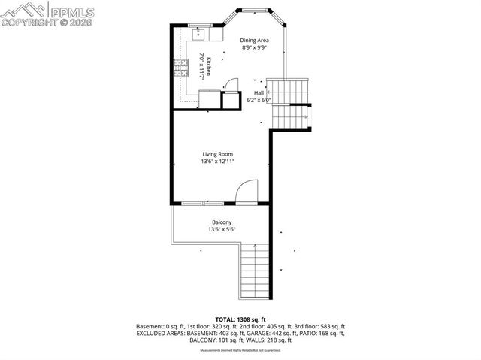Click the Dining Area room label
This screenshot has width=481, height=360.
(254, 40)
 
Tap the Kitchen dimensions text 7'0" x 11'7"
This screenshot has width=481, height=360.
(202, 67)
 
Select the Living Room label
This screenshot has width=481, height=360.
(217, 153)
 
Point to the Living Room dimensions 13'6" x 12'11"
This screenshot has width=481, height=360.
(217, 161)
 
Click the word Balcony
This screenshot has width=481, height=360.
(221, 222)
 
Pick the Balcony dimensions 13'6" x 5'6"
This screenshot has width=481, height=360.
(221, 229)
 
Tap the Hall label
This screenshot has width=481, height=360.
(259, 92)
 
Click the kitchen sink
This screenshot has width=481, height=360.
(199, 34)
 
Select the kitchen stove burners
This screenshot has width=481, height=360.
(180, 69)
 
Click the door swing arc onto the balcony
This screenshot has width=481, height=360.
(246, 192)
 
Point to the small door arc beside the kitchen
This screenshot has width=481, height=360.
(232, 84)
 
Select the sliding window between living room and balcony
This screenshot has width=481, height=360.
(202, 203)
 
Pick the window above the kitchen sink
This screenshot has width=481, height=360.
(200, 25)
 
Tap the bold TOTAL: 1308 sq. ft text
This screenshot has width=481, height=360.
(240, 319)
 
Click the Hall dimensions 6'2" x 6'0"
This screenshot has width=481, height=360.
(259, 100)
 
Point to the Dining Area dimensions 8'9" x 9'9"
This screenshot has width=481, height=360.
(254, 47)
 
